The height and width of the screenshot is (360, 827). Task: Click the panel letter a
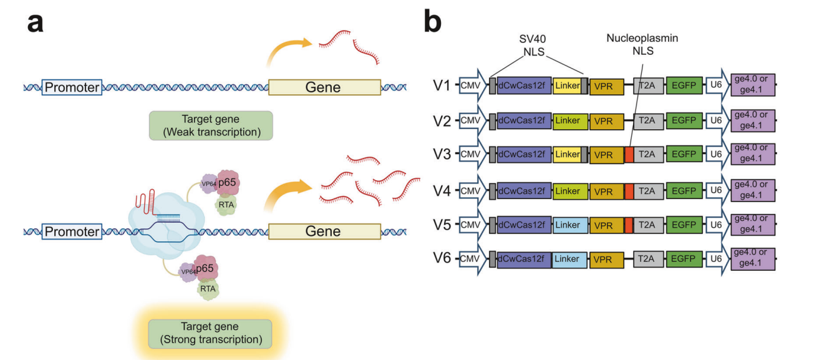[x=36, y=24]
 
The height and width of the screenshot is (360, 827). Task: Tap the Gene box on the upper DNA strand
[x=324, y=87]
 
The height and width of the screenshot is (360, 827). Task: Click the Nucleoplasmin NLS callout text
[x=642, y=44]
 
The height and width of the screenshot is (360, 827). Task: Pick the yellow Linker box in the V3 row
[x=567, y=155]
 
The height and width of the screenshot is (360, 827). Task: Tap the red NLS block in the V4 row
[x=629, y=190]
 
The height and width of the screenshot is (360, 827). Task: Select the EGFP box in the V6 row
[x=684, y=260]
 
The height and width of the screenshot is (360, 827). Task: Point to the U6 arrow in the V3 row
[x=715, y=155]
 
